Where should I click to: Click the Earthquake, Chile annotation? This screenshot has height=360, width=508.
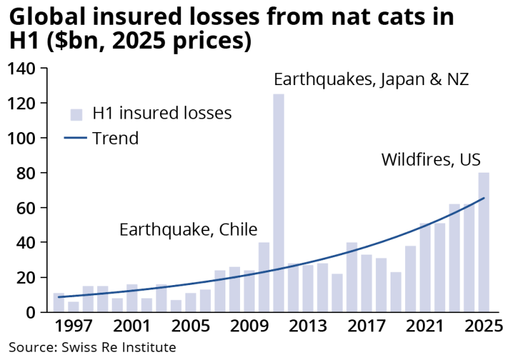coord(192,229)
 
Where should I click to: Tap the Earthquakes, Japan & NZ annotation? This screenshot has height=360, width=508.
coord(371,81)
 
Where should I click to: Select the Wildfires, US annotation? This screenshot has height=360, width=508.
coord(431,159)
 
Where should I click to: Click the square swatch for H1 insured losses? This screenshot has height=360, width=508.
coord(77,114)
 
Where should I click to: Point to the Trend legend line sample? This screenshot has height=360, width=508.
coord(76,138)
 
